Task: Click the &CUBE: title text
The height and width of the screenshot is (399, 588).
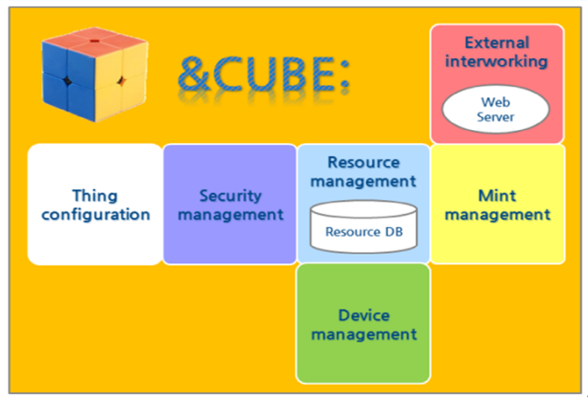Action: click(264, 74)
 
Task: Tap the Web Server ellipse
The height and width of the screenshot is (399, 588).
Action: click(496, 109)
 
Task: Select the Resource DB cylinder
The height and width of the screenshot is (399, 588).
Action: click(364, 226)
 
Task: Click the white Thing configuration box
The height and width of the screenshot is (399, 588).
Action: click(95, 204)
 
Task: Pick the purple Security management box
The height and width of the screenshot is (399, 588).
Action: click(230, 204)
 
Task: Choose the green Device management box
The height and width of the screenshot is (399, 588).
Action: click(364, 323)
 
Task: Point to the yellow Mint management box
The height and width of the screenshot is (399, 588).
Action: click(497, 204)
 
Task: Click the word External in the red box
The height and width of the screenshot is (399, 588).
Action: click(497, 43)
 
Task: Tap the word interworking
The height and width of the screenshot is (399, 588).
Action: click(496, 61)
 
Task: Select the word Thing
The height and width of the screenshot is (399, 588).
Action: click(95, 196)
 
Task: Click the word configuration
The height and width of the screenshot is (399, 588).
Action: click(96, 215)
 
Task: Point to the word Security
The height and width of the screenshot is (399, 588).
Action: click(230, 196)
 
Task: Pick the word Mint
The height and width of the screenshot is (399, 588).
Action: click(497, 196)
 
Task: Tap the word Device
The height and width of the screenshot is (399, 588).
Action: click(364, 315)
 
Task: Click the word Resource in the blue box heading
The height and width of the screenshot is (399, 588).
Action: click(364, 162)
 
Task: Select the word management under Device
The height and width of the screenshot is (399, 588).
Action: click(364, 334)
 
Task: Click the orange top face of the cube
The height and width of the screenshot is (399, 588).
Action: click(95, 41)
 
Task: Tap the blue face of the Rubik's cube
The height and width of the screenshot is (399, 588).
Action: click(67, 81)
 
